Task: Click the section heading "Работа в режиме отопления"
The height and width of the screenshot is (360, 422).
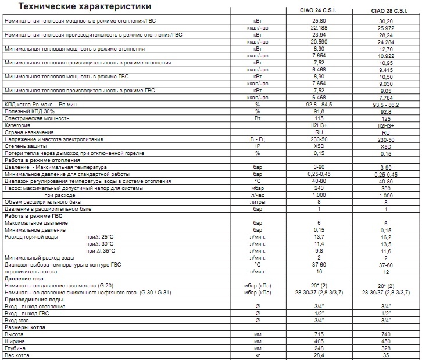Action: (x=42, y=160)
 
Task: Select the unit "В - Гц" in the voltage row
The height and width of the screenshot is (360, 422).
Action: (x=256, y=139)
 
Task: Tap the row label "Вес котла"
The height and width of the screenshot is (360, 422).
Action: (x=17, y=355)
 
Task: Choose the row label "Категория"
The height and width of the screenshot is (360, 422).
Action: (x=17, y=125)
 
